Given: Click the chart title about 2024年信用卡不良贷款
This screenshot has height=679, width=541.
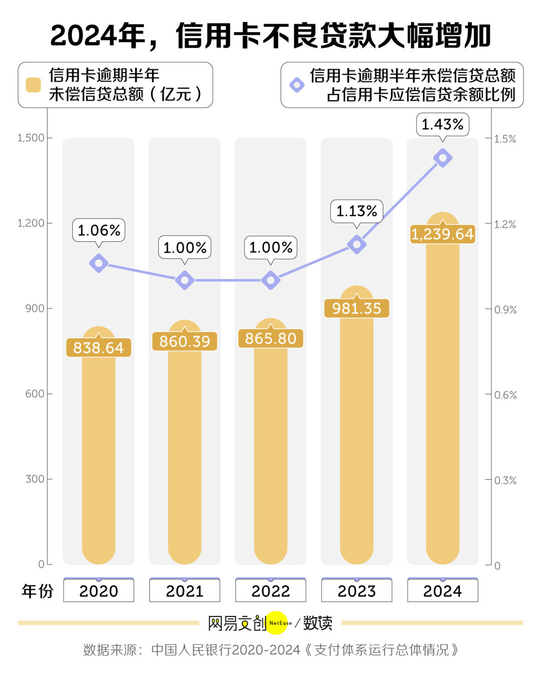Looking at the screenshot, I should point(270,36).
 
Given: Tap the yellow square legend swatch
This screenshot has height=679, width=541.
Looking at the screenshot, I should point(33,85).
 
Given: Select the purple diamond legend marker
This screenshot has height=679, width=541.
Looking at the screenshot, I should point(297,85).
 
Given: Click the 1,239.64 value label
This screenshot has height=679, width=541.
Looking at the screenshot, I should point(442,234).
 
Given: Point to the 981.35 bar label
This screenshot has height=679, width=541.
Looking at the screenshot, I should point(357,308).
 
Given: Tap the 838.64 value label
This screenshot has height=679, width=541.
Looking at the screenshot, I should point(99,348).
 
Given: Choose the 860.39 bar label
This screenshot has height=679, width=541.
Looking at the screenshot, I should point(185,342).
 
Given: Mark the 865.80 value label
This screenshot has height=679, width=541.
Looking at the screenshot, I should point(270,338).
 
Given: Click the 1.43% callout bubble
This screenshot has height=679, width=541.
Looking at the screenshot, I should point(442,124).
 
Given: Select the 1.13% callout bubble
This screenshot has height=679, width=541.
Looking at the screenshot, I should point(357,211).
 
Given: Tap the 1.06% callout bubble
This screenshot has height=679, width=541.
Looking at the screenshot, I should point(99,230).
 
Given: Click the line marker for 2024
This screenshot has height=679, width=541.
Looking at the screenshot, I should point(443,158).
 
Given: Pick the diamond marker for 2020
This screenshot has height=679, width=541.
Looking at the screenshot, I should point(99,263).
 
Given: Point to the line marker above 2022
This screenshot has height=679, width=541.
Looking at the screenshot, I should point(270,280).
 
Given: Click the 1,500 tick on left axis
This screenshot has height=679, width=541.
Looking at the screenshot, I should point(31,138).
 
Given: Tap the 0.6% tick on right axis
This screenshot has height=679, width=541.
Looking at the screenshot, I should point(505,395).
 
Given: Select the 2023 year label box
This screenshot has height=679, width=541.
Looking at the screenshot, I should point(357,591).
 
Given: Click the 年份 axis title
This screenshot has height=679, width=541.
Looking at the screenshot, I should point(38,591).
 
